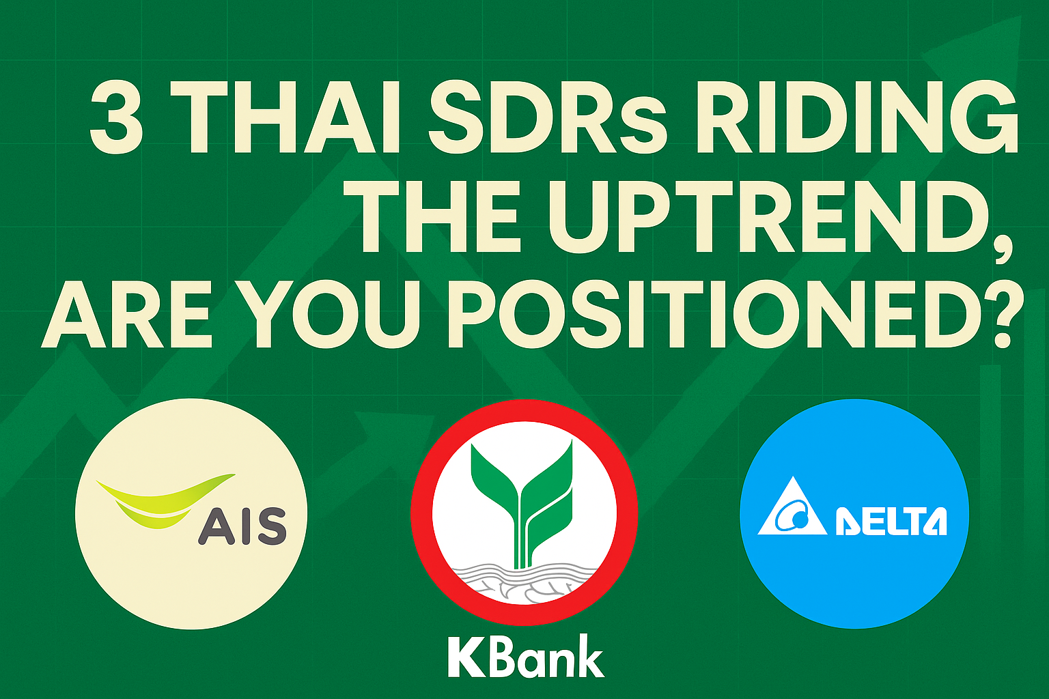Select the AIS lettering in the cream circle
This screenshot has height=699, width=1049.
242,526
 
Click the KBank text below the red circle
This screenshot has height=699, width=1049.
525,657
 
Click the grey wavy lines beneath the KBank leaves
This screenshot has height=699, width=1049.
524,580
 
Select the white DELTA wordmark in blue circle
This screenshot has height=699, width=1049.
891,522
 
